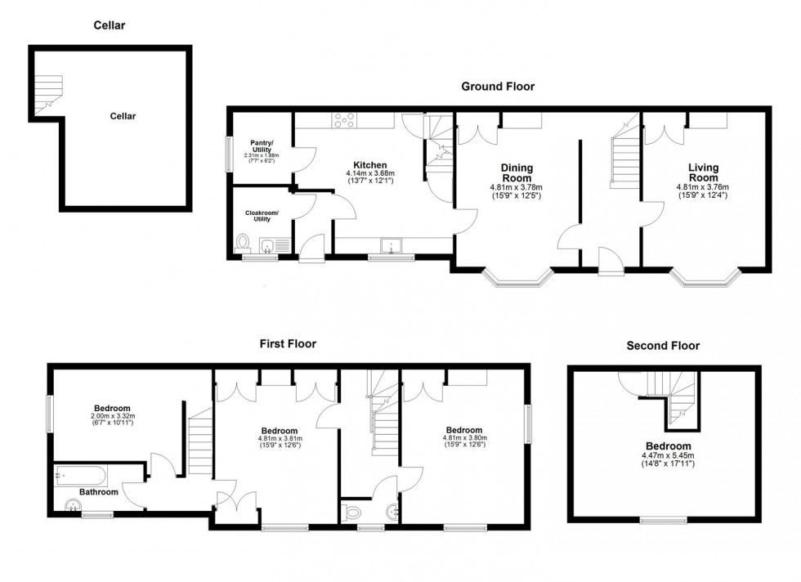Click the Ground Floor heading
(x=498, y=86)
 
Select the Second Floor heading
(x=663, y=345)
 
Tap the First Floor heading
(x=288, y=343)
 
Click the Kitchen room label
(x=369, y=165)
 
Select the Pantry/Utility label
(x=262, y=145)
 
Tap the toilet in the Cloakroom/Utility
(x=243, y=243)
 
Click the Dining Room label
(x=517, y=172)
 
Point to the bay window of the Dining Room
(x=517, y=280)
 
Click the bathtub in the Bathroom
(x=79, y=475)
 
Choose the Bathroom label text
(x=98, y=492)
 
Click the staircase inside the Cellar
(x=48, y=92)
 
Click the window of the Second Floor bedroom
(x=663, y=519)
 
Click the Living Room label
(x=703, y=172)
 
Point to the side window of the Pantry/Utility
(x=228, y=153)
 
